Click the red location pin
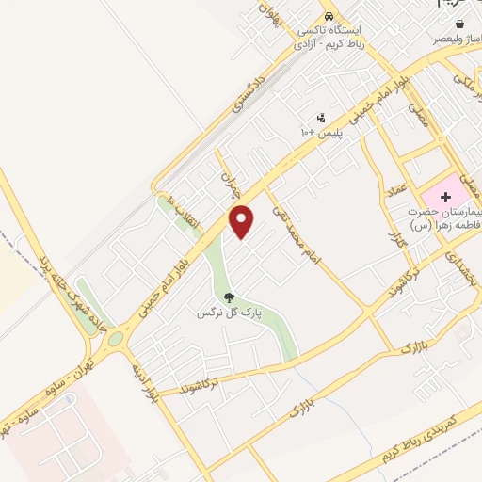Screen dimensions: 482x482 coord(242,221)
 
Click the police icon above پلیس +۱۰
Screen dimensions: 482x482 coord(321,119)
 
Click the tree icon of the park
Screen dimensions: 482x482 coord(229,297)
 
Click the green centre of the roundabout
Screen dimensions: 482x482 coord(115,337)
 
